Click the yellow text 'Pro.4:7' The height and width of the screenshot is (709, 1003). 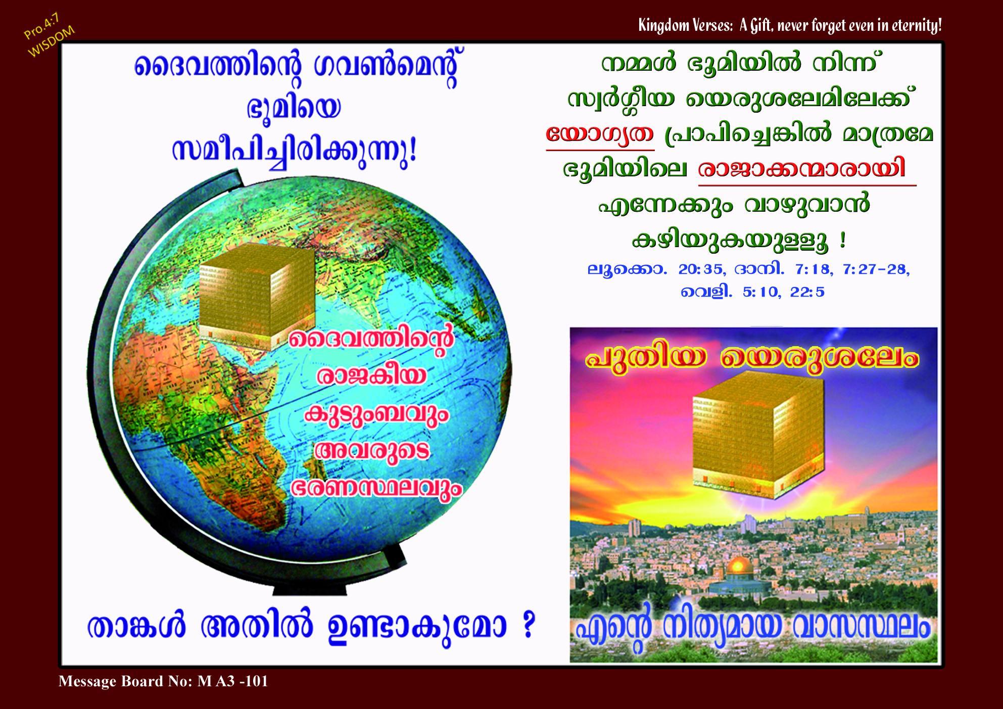click(41, 26)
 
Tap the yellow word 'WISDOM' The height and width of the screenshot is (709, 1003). click(51, 41)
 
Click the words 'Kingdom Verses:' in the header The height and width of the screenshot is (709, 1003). click(685, 25)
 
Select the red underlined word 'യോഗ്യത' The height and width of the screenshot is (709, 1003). click(600, 134)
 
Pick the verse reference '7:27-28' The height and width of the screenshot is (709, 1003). click(876, 269)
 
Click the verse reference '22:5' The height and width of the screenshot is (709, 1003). click(807, 292)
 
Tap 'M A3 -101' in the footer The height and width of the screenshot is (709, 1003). click(233, 681)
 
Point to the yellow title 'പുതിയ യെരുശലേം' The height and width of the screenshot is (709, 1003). click(752, 358)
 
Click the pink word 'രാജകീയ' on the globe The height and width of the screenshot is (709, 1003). click(371, 376)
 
